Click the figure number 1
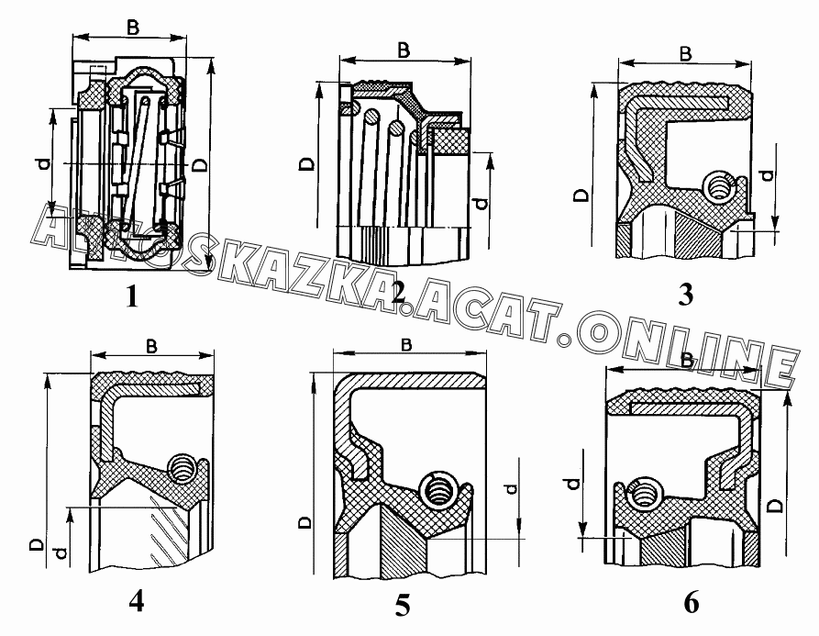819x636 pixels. coord(132,296)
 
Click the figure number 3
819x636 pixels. coord(685,295)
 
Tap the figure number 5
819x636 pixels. coord(403,606)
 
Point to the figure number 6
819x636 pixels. coord(691,603)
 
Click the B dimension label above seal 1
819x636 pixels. coord(133,28)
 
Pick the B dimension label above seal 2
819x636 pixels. coord(404,50)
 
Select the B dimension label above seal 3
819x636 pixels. coord(685,53)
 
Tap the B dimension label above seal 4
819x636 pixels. coord(151,347)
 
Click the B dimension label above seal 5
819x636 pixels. coord(406,345)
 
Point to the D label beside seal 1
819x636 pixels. coord(200,166)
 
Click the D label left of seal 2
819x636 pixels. coord(308,164)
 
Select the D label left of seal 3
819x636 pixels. coord(581,195)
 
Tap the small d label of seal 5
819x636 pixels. coord(511,489)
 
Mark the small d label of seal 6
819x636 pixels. coord(573,484)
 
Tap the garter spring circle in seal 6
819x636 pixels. coord(645,493)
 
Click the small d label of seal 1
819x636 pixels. coord(45,164)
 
